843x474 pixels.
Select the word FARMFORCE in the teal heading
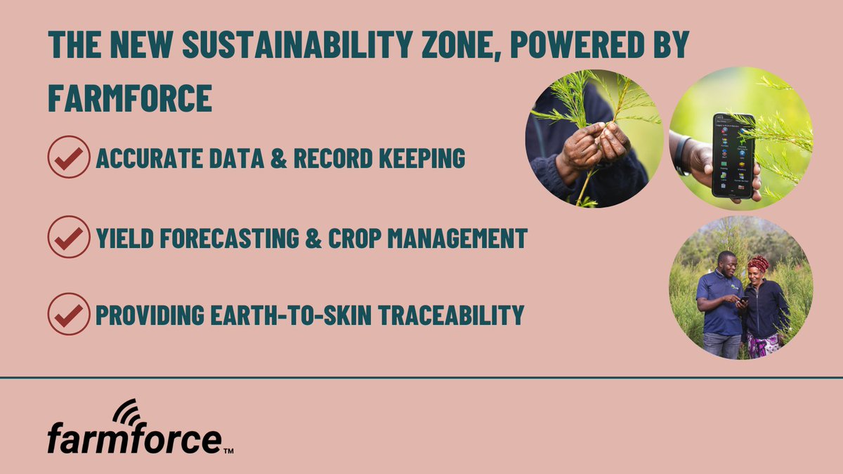130,98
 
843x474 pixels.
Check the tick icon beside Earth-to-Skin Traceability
69,314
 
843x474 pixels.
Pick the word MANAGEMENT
457,238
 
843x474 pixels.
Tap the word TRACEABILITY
451,315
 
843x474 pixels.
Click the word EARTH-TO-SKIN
291,315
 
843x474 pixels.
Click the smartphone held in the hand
733,156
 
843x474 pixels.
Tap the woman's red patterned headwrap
758,263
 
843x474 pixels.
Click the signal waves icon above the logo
127,412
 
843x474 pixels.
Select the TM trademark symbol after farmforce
228,451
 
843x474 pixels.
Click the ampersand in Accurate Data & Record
278,158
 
